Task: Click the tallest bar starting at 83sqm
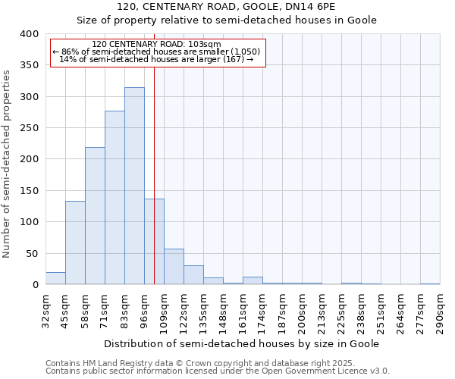(134, 186)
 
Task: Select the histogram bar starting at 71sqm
(115, 198)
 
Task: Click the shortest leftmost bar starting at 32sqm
(55, 278)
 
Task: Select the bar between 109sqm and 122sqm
(174, 267)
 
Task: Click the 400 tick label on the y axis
(29, 34)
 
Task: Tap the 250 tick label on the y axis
(29, 128)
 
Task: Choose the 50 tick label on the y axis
(32, 253)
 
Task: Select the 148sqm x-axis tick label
(223, 312)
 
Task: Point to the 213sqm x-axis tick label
(322, 312)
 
